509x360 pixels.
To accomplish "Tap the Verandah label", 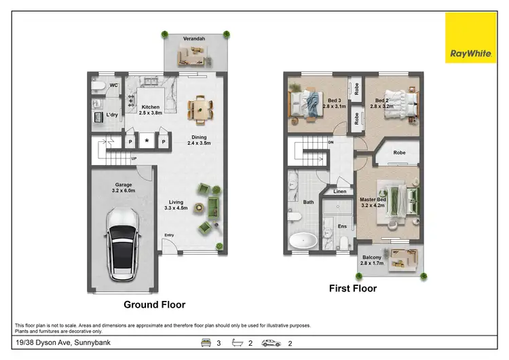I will pos(193,39).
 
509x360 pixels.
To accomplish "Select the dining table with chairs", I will pos(200,107).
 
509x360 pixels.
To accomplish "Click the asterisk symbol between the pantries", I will pos(147,142).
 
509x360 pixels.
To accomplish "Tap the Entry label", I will pos(169,236).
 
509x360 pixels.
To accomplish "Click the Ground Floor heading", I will pos(153,305).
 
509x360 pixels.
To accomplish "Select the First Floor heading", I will pos(353,288).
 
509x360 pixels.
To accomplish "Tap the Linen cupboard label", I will pos(340,192).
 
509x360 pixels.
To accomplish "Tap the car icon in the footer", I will pos(271,344).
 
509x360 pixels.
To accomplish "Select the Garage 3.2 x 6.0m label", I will pos(123,188).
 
